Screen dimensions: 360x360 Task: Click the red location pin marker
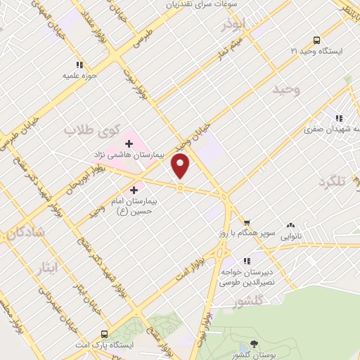[x=181, y=166]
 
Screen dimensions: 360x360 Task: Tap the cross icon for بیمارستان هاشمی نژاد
[x=129, y=143]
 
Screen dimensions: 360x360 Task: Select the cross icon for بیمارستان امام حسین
[x=134, y=190]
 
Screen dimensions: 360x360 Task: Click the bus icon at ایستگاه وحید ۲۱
[x=316, y=40]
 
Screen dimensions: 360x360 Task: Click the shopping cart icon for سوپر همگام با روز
[x=246, y=224]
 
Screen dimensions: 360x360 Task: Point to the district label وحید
[x=288, y=89]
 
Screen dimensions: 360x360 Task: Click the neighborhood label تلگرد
[x=333, y=182]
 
